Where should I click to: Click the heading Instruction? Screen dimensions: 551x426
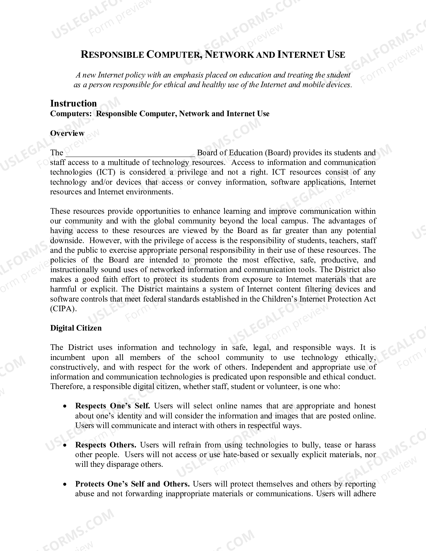pyautogui.click(x=74, y=103)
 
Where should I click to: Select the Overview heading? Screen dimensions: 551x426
pyautogui.click(x=67, y=133)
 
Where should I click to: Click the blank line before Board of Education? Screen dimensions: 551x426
pyautogui.click(x=130, y=154)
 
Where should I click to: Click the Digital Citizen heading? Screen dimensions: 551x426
pyautogui.click(x=76, y=328)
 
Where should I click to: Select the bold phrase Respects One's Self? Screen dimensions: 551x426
pyautogui.click(x=113, y=406)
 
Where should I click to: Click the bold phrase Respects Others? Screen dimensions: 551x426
pyautogui.click(x=106, y=445)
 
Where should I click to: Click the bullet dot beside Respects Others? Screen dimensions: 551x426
pyautogui.click(x=65, y=445)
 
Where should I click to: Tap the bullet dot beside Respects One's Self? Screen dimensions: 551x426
pyautogui.click(x=65, y=406)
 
